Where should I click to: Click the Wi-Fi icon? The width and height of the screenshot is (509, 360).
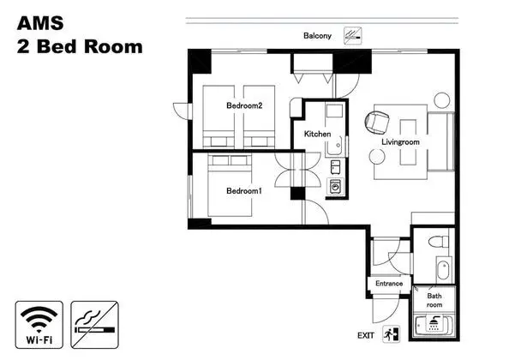click(x=39, y=325)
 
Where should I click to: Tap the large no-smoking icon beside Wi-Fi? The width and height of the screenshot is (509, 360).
click(x=94, y=325)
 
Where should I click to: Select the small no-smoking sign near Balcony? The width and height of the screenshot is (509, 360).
click(x=353, y=36)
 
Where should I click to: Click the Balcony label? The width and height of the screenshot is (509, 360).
click(x=317, y=36)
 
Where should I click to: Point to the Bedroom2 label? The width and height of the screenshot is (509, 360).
click(x=244, y=105)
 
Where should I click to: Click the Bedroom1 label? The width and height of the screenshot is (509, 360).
click(x=243, y=191)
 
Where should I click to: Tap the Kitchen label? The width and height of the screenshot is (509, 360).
click(x=317, y=134)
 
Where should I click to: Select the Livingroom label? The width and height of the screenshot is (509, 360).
click(x=400, y=142)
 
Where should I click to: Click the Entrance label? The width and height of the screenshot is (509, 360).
click(x=389, y=284)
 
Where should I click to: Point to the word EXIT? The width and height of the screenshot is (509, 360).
click(x=366, y=336)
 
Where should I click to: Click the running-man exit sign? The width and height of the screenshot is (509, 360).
click(x=391, y=334)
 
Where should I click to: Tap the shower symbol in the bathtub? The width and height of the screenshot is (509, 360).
click(x=434, y=322)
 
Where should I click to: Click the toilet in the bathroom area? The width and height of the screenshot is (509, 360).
click(x=439, y=242)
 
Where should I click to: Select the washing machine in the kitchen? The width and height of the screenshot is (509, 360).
click(x=335, y=187)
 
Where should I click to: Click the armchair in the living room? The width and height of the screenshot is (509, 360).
click(x=377, y=123)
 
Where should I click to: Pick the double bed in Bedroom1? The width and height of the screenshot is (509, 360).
click(x=230, y=186)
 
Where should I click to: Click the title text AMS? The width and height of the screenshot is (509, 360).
click(x=40, y=23)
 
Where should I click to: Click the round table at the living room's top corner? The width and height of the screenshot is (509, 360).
click(x=442, y=100)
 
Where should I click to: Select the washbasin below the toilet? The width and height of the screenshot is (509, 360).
click(x=443, y=269)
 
